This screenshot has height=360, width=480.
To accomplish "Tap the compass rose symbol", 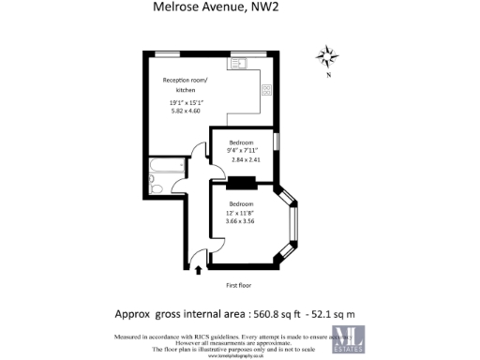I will (x=327, y=55).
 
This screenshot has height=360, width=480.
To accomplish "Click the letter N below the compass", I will (x=327, y=76).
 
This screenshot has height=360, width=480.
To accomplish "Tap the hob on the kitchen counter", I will (x=266, y=90).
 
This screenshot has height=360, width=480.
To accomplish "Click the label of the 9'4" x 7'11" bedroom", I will (x=242, y=142).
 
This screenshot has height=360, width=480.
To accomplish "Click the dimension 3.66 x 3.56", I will (x=243, y=221).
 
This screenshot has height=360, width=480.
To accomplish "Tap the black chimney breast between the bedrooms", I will (x=241, y=183).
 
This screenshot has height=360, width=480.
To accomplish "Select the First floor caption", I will (x=240, y=284).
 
